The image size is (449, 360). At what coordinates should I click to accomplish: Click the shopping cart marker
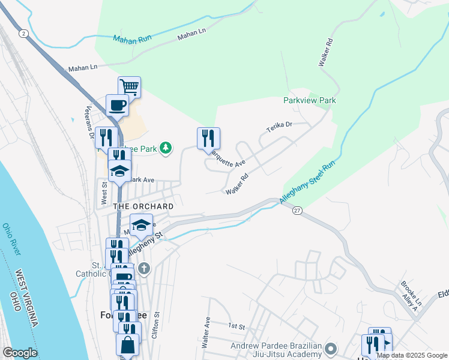(129, 87)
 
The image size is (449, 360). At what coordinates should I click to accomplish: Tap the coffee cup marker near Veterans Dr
(117, 106)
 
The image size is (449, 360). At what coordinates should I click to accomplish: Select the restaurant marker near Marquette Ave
(208, 139)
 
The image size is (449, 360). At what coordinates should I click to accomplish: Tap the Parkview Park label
(309, 101)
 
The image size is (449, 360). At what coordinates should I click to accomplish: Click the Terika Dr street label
(279, 126)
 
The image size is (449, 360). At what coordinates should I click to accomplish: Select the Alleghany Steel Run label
(306, 181)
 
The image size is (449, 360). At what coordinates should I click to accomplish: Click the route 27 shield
(297, 211)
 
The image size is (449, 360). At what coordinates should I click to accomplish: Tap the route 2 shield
(23, 33)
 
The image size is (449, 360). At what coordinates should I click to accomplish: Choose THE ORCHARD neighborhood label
(143, 206)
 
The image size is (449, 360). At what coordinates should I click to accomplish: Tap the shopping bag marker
(127, 345)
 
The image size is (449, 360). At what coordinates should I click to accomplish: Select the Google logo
(20, 353)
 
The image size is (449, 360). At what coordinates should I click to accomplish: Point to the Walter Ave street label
(206, 332)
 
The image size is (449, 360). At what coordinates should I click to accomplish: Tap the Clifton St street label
(157, 324)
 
